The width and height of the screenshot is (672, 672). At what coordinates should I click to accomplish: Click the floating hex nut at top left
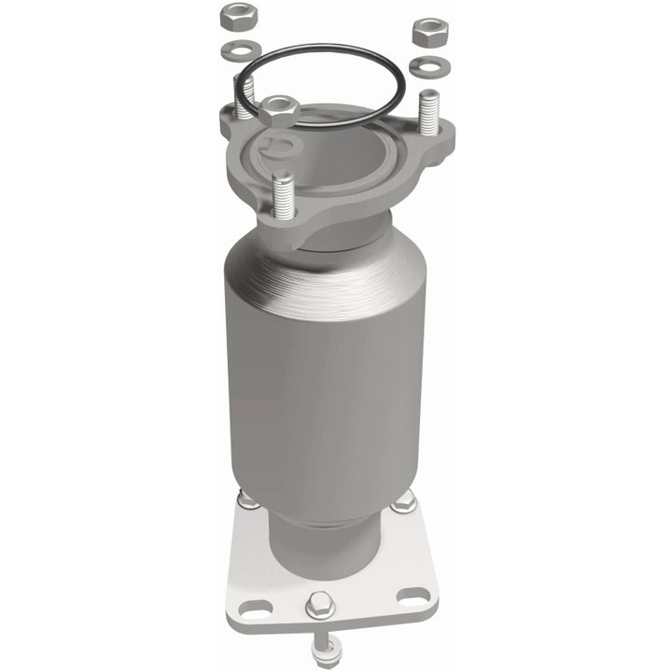235,16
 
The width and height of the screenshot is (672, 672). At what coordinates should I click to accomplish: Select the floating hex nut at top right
430,33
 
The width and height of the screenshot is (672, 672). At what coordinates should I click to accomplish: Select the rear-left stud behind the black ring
245,99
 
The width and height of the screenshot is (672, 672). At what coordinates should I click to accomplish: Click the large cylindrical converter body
327,373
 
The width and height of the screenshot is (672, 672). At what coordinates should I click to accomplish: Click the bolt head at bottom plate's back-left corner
248,501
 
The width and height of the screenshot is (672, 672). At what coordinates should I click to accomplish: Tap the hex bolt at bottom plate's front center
319,605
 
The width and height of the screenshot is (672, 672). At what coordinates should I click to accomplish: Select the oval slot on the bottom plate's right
409,595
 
